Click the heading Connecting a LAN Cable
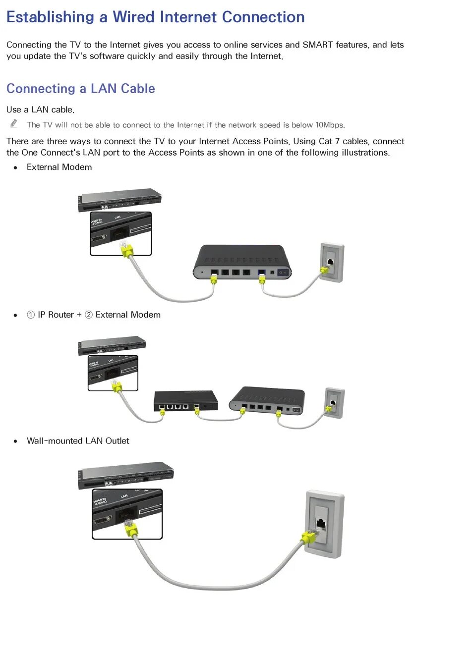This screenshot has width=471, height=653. (81, 89)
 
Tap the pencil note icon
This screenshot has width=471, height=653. (14, 123)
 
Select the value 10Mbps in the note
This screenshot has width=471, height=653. (330, 125)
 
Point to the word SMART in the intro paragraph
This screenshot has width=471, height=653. (317, 45)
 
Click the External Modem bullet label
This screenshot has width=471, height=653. (59, 167)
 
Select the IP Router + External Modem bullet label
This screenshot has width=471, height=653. (94, 315)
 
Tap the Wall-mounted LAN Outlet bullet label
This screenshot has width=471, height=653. (78, 441)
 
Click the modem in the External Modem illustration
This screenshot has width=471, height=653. (242, 262)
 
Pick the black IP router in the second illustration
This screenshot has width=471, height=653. (185, 401)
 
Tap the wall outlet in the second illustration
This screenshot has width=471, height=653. (334, 402)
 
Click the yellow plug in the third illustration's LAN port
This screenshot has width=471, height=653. (131, 530)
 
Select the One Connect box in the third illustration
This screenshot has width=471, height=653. (126, 475)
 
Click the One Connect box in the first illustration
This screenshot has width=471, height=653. (120, 199)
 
